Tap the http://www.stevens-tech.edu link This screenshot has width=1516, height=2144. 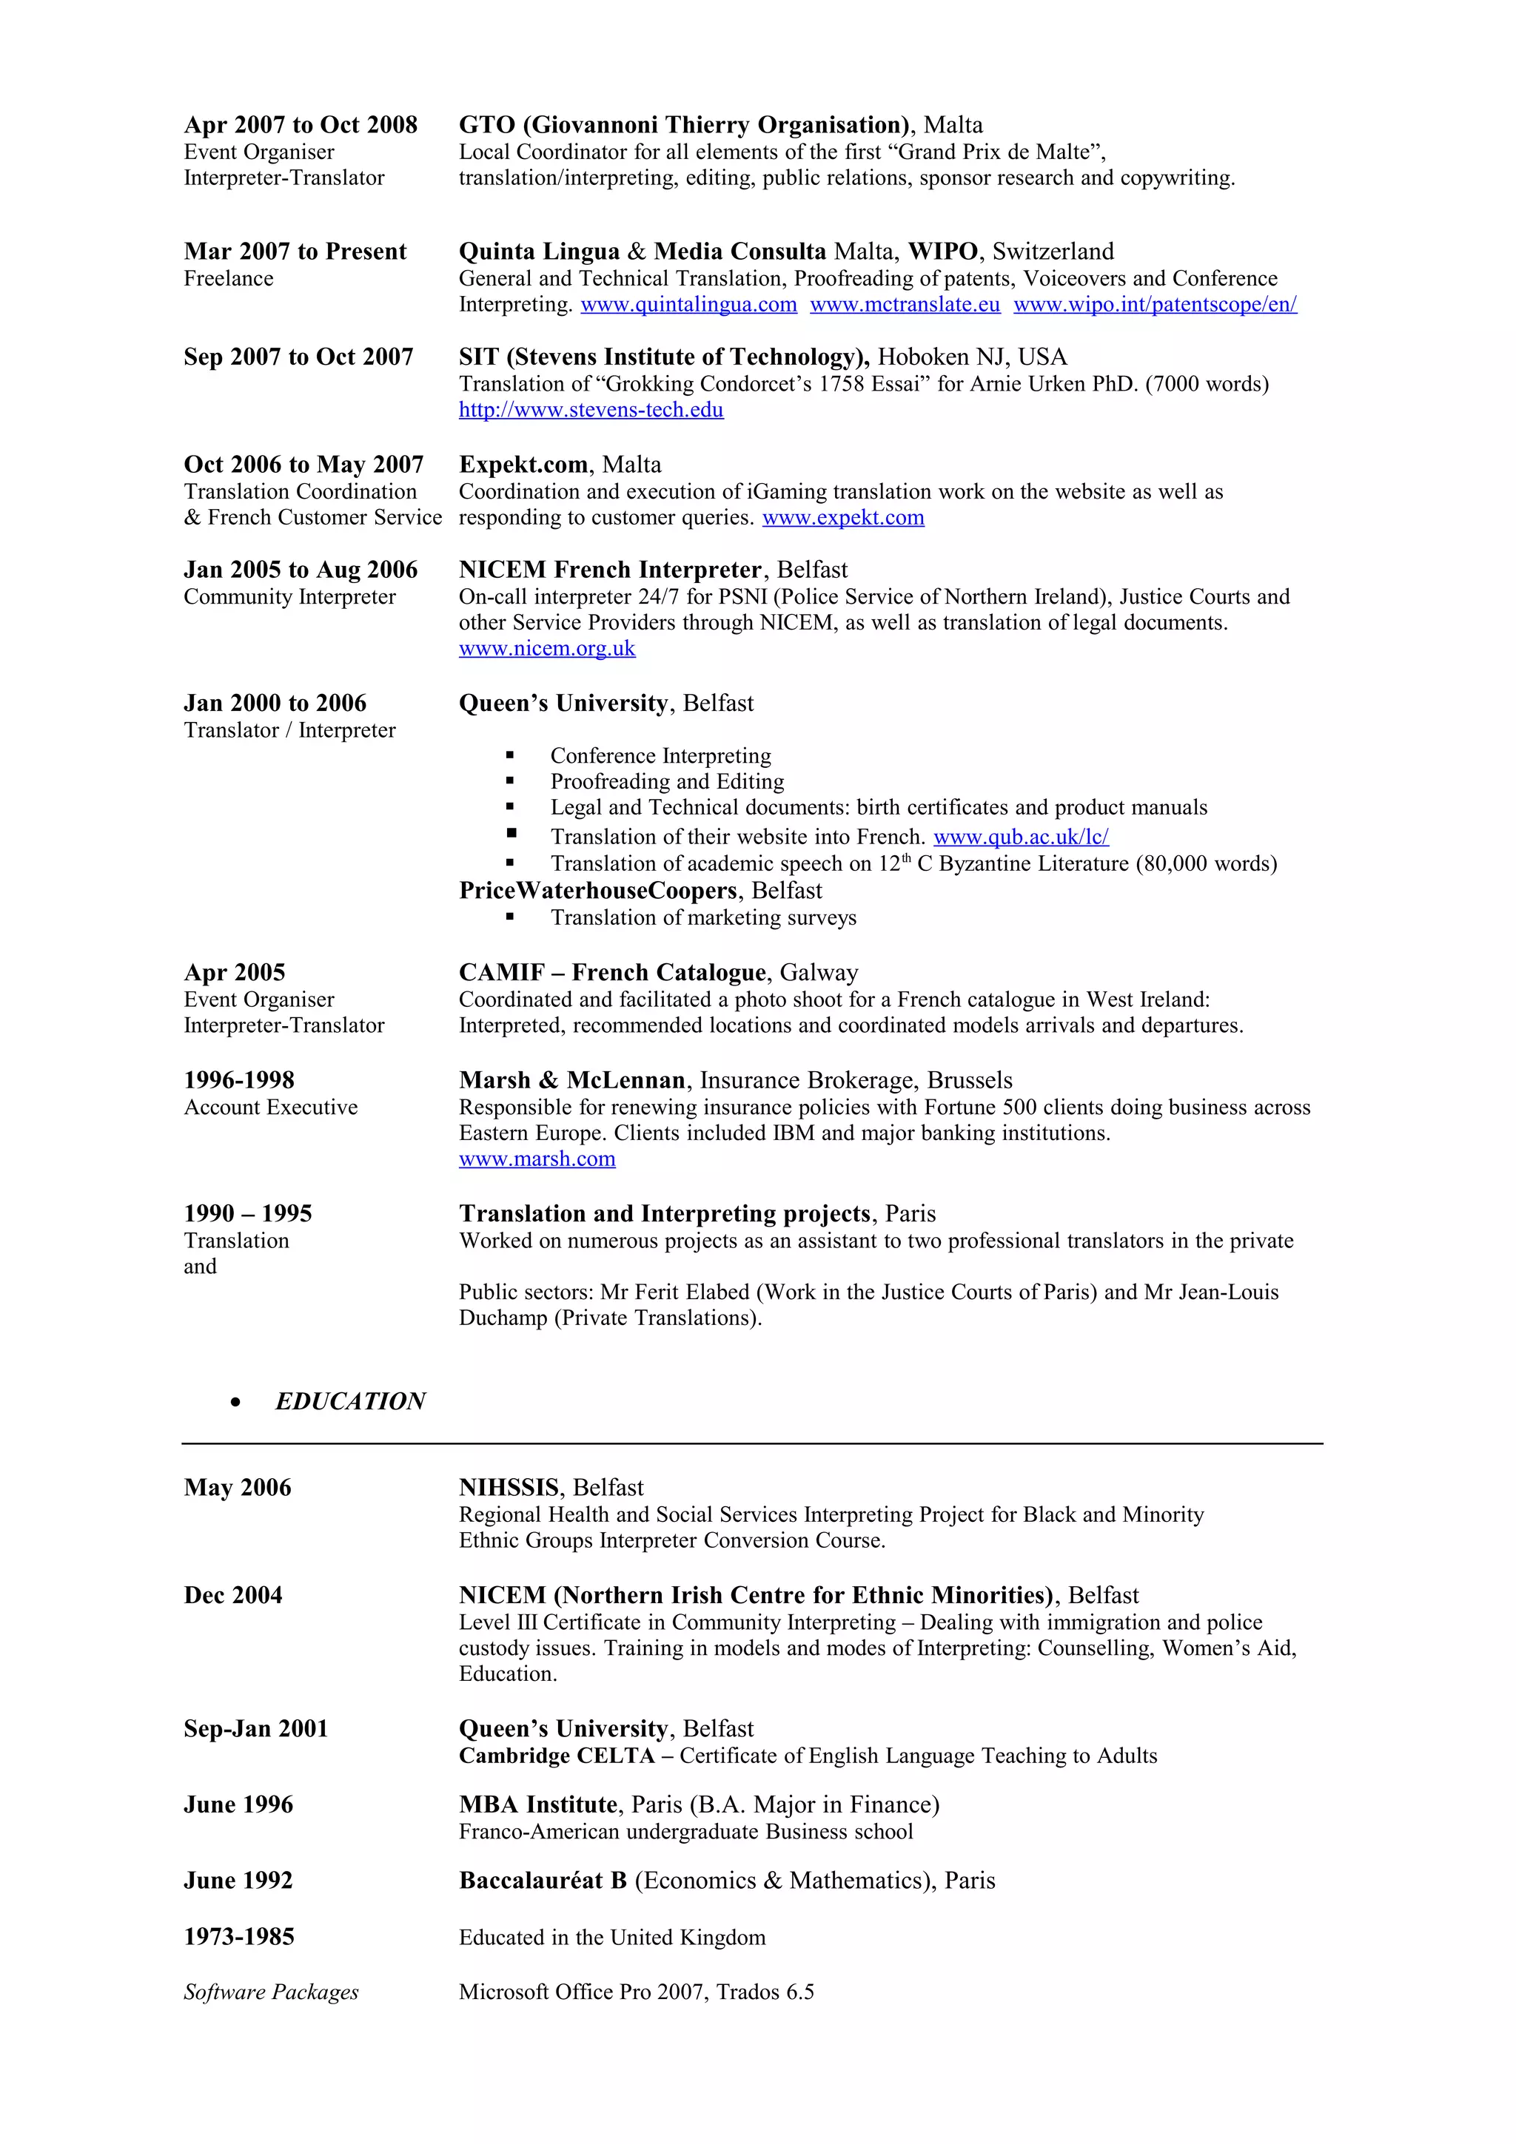click(x=590, y=410)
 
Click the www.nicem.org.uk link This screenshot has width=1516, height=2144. click(x=546, y=648)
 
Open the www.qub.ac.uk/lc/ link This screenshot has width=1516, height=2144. click(x=1020, y=837)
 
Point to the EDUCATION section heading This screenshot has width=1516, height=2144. click(x=350, y=1400)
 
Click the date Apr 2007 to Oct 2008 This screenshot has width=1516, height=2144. click(x=300, y=125)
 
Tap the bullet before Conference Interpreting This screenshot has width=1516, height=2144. click(x=510, y=755)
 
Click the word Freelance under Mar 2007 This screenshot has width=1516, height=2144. click(x=229, y=278)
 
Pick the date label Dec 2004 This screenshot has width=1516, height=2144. click(x=232, y=1595)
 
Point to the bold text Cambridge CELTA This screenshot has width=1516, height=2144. click(x=557, y=1756)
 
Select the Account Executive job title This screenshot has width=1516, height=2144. click(x=271, y=1108)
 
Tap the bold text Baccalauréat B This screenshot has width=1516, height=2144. click(x=542, y=1881)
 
